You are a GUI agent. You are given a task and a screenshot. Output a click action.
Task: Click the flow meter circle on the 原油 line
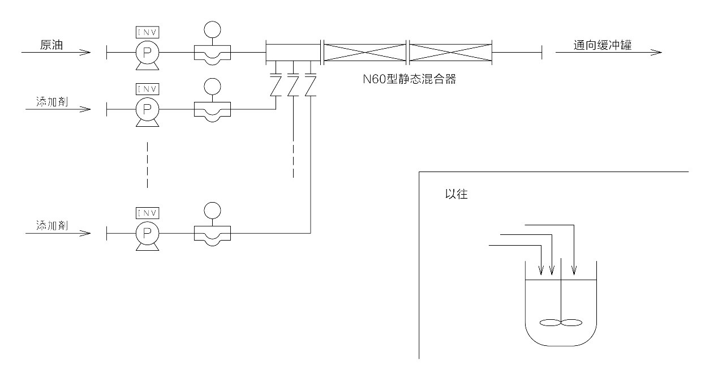(x=212, y=29)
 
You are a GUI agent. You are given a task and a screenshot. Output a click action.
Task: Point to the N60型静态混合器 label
(x=409, y=79)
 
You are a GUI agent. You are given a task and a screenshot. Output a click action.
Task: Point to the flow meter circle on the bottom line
(x=212, y=210)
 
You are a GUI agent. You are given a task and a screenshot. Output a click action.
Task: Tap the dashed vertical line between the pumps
(x=147, y=164)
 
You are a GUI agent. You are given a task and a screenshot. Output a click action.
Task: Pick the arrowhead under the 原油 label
(x=85, y=53)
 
